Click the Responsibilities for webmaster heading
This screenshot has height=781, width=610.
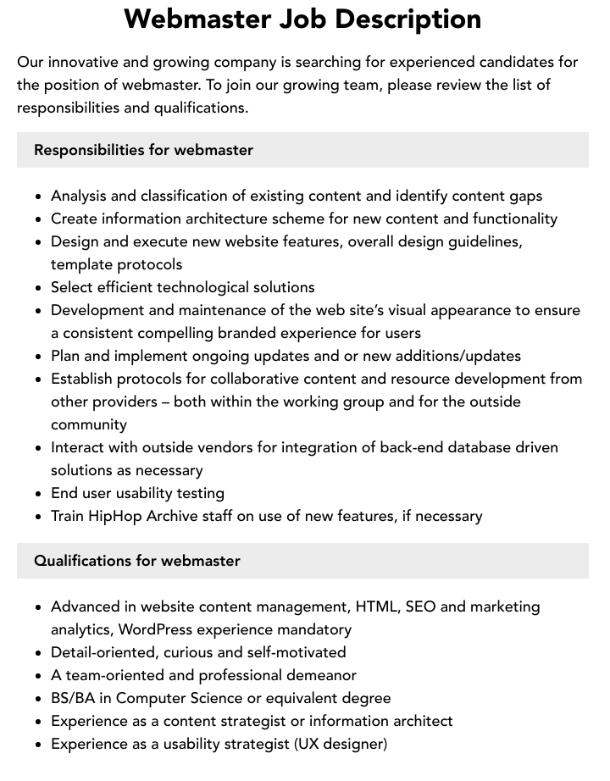pos(143,150)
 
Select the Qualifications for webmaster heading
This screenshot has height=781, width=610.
pos(137,561)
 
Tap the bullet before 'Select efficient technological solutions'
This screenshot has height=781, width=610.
pos(38,288)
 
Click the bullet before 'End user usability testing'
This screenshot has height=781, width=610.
pos(38,494)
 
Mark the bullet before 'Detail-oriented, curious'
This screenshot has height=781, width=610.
pos(38,653)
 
